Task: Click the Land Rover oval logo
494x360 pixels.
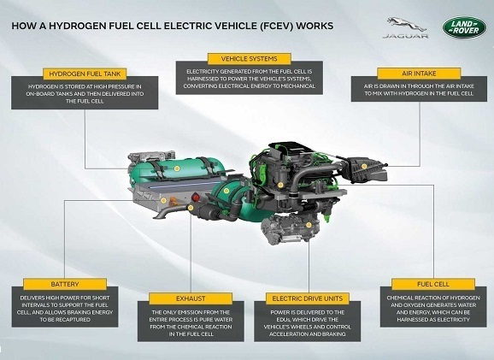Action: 464,27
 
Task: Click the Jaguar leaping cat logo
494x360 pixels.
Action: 406,25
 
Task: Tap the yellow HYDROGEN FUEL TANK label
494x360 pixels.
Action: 85,74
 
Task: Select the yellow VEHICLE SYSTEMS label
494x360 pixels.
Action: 250,59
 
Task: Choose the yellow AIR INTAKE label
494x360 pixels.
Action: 419,74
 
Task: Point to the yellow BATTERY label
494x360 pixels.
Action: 65,284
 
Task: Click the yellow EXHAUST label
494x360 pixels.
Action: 191,298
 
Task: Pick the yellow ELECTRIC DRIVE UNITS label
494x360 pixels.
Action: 308,298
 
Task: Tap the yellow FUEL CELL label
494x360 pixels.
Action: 433,284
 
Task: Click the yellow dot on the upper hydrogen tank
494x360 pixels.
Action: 177,168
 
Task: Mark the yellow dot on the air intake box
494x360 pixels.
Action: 364,166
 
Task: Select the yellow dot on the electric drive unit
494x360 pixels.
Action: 309,225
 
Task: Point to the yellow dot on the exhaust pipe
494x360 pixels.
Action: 191,208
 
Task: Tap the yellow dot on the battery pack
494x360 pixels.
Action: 163,200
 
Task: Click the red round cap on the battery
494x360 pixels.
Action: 196,198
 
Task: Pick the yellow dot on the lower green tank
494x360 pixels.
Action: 226,191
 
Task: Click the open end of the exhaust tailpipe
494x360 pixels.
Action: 156,217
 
